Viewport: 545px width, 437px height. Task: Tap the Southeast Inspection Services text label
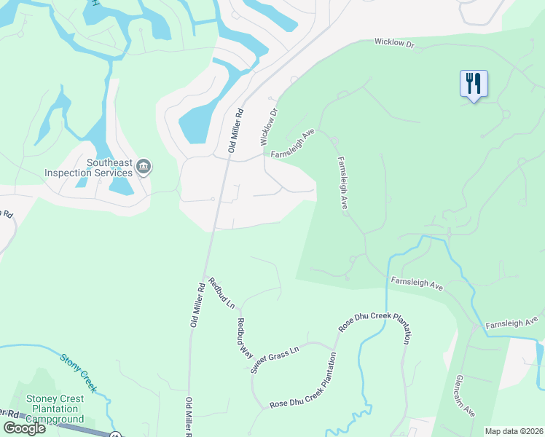tap(88, 168)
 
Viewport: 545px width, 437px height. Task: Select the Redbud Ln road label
tap(221, 291)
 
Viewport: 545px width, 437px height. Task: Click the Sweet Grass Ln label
tap(275, 360)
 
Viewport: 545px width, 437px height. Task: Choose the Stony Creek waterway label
tap(78, 371)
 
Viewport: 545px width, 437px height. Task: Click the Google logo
tap(25, 428)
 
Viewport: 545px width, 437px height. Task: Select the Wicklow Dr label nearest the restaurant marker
tap(394, 44)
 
